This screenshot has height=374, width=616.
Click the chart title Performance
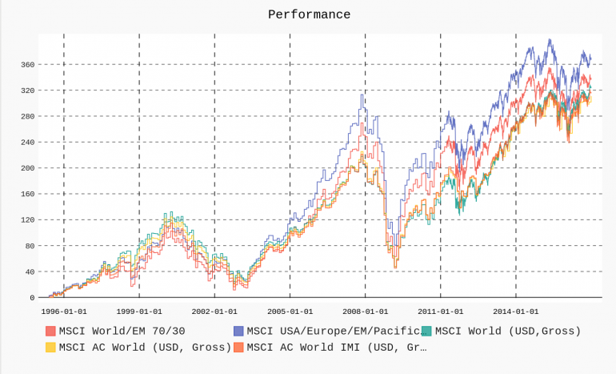[x=309, y=14]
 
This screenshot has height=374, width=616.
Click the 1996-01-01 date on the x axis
[x=64, y=311]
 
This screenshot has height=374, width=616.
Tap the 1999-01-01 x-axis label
[x=139, y=311]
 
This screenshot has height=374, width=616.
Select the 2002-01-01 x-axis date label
[x=214, y=311]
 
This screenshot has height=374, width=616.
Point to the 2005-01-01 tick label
[x=290, y=311]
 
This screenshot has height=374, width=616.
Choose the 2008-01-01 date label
[x=365, y=311]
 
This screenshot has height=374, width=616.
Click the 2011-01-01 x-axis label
[x=440, y=311]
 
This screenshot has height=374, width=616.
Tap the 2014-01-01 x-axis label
[x=515, y=311]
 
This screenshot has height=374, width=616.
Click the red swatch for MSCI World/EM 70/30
[x=50, y=332]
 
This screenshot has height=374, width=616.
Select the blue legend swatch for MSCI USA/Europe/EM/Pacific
[x=238, y=332]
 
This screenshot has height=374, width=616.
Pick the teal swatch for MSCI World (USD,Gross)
[x=426, y=332]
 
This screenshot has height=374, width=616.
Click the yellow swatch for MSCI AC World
[x=50, y=348]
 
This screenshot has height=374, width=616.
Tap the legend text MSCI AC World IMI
[x=337, y=348]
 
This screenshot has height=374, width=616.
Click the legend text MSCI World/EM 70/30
[x=122, y=332]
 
